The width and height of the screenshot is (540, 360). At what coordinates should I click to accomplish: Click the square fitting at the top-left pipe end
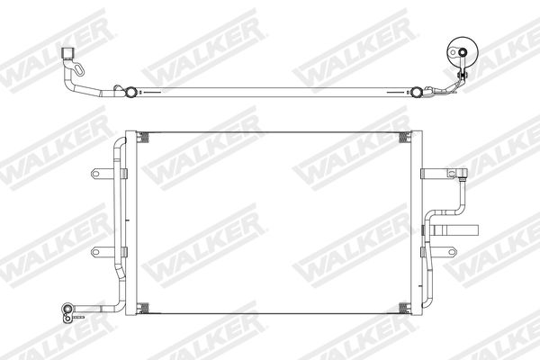(x=68, y=53)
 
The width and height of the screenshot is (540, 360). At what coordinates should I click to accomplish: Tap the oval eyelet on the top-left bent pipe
(x=79, y=69)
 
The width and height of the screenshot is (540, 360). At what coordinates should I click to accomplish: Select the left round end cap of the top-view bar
(x=131, y=92)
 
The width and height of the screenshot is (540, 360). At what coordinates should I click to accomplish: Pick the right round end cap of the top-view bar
(x=417, y=92)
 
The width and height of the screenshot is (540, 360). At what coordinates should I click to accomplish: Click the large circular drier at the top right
(x=463, y=52)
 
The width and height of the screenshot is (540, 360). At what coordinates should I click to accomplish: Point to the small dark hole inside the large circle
(x=463, y=52)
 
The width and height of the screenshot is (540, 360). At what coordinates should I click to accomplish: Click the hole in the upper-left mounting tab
(x=95, y=174)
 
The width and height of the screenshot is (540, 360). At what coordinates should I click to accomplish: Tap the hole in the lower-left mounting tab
(x=95, y=252)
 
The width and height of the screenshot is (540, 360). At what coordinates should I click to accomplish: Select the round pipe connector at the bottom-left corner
(x=67, y=309)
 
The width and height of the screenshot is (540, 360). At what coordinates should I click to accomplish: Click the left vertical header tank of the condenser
(x=130, y=222)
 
